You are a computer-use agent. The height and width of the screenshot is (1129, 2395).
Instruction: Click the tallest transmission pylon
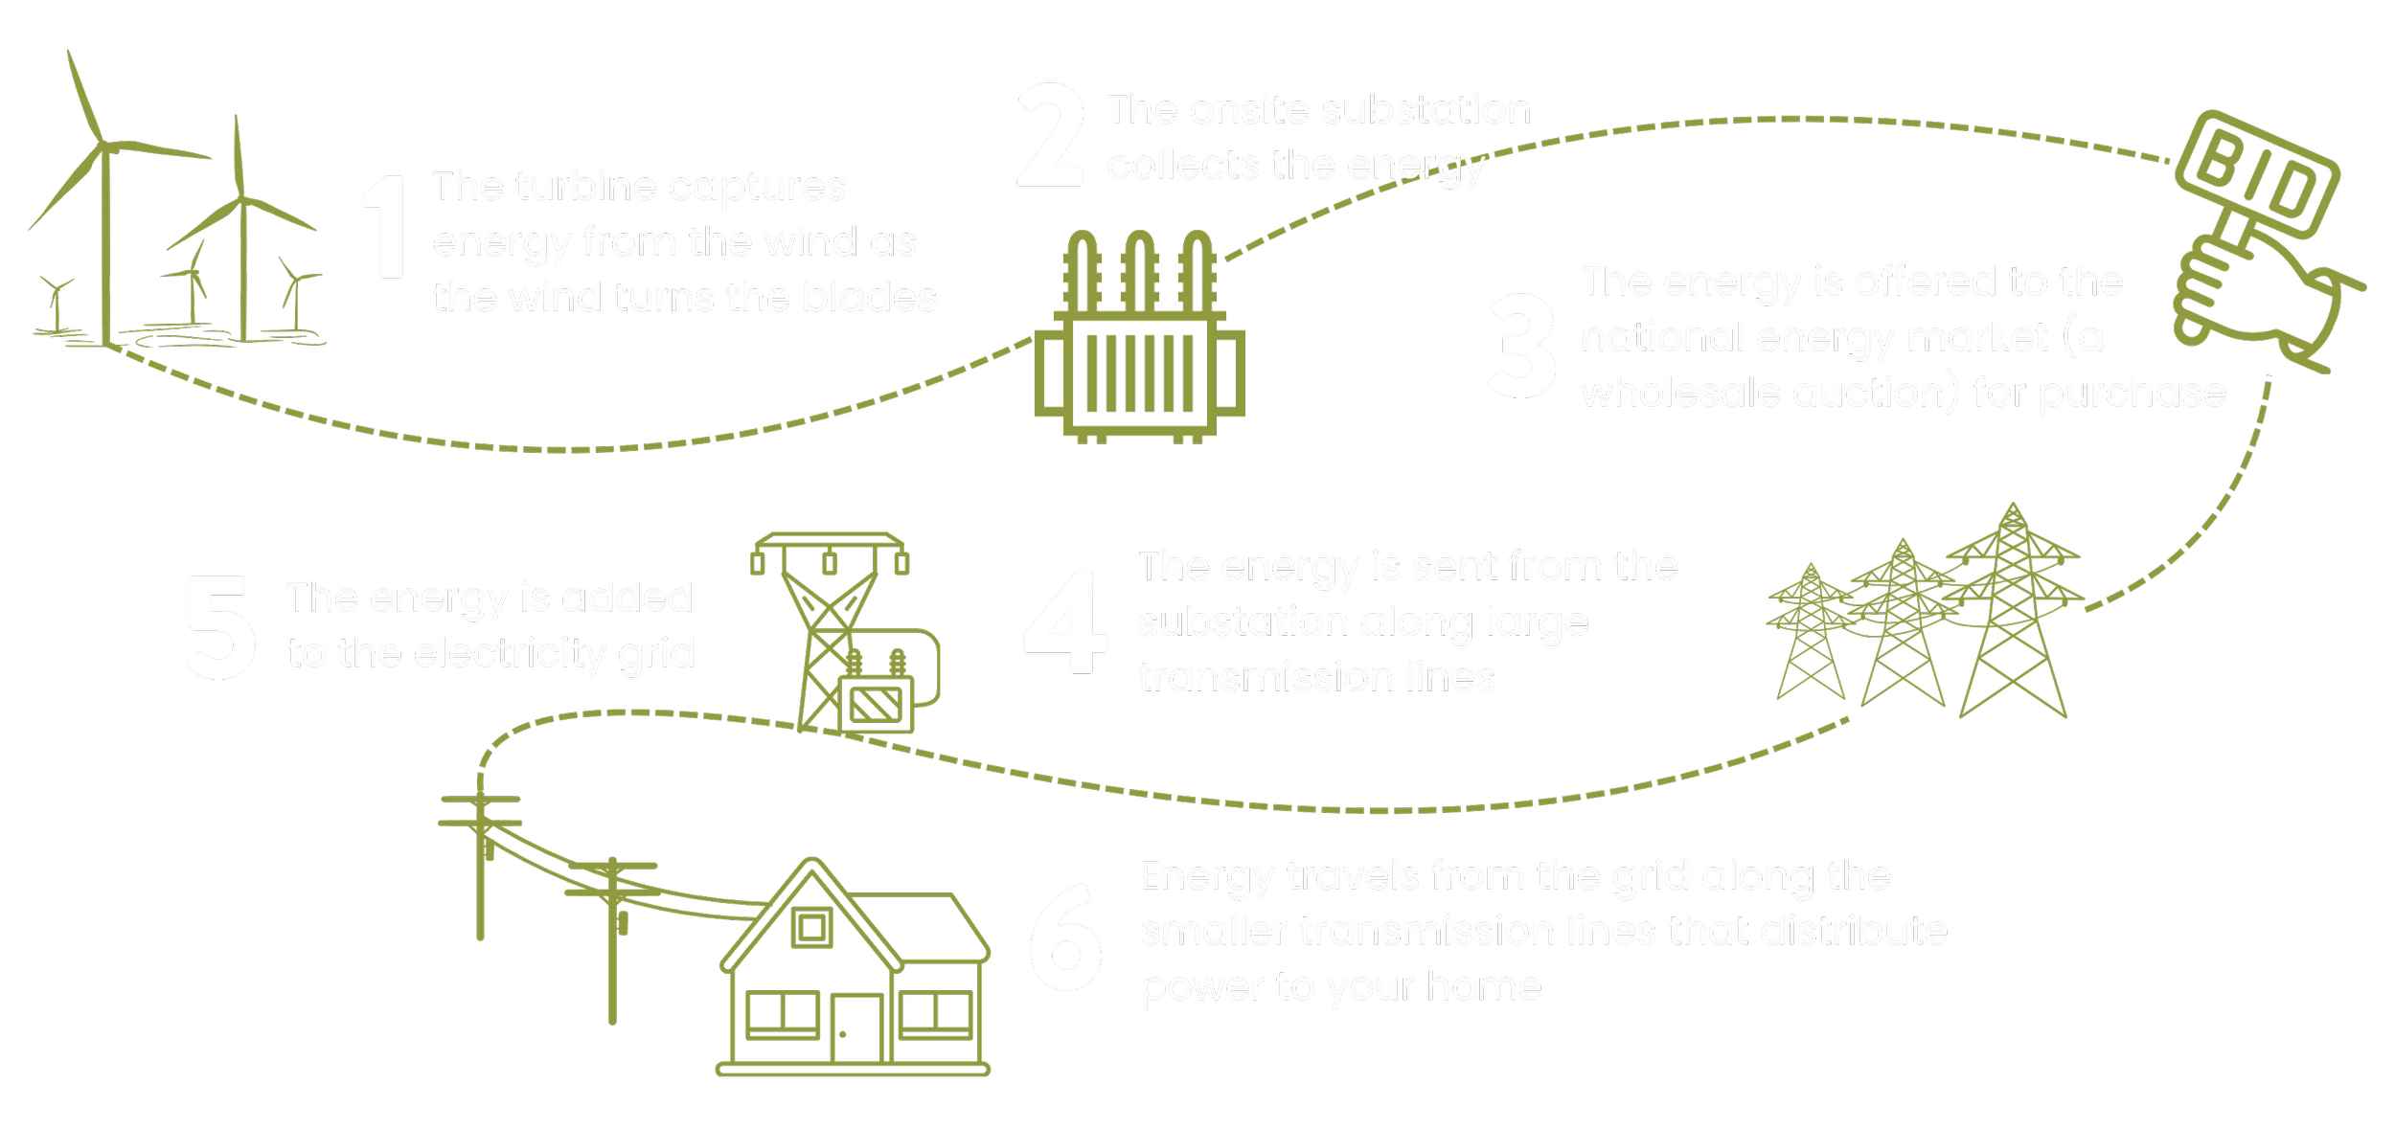pos(2013,613)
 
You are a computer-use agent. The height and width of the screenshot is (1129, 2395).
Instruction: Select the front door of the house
pos(856,1028)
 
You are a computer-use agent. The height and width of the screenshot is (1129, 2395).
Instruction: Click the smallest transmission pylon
pos(1810,633)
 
